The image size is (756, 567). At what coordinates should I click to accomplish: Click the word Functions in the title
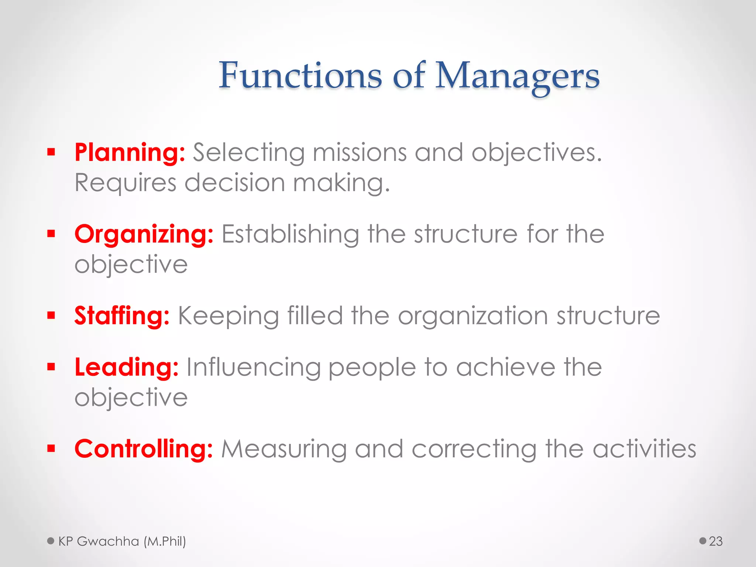[x=300, y=75]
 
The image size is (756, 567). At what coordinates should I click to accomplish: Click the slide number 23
[x=715, y=541]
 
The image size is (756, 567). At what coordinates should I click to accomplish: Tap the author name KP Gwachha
[x=99, y=541]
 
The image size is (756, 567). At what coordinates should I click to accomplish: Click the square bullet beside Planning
[x=51, y=152]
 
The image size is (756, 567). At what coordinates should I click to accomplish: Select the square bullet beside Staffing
[x=51, y=315]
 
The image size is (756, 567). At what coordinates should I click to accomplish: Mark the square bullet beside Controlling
[x=51, y=449]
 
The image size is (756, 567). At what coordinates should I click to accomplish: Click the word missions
[x=360, y=152]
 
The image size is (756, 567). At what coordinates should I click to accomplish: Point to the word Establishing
[x=290, y=234]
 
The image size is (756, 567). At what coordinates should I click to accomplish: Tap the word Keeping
[x=228, y=316]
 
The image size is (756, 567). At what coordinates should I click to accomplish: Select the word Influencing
[x=253, y=368]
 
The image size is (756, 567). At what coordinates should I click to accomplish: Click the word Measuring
[x=284, y=449]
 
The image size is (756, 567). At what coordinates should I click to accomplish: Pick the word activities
[x=644, y=449]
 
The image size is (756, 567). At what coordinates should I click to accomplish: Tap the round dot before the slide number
[x=703, y=541]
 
